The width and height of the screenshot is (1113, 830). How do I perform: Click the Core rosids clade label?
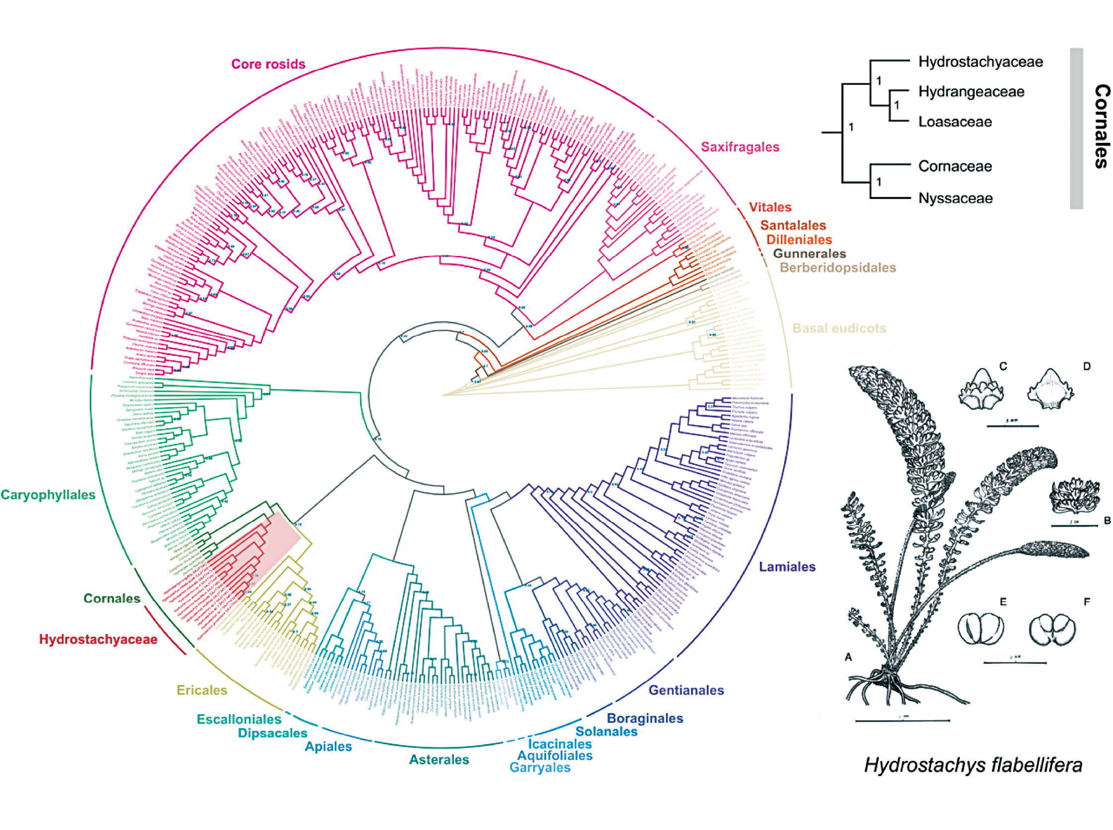coord(268,64)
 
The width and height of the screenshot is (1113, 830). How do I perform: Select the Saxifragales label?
coord(740,147)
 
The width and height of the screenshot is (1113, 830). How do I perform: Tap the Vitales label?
coord(770,207)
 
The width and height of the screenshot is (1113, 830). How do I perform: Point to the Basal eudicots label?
coord(839,328)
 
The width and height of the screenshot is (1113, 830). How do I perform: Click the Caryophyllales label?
coord(48,495)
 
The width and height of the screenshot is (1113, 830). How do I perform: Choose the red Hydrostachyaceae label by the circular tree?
coord(98,639)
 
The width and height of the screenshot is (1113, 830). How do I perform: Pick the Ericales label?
coord(202,690)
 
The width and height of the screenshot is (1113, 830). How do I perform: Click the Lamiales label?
coord(787,567)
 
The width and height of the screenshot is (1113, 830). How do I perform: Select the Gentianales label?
coord(686,690)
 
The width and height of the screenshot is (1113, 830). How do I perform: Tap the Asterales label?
coord(439,759)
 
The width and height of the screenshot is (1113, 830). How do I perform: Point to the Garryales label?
coord(540,767)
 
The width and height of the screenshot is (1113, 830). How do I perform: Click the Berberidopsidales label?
coord(838,268)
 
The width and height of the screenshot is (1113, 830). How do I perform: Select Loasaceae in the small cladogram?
coord(955,122)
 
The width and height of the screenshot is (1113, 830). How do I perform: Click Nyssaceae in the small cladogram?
coord(955,198)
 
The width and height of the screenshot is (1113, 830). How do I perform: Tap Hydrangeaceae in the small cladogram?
coord(971,92)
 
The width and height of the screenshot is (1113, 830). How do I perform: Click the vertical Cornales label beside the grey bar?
coord(1102,126)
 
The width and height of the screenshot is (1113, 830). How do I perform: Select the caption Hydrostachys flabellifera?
coord(973,765)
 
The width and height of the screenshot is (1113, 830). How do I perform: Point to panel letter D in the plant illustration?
coord(1086,367)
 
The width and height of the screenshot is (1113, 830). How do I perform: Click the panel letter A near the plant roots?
coord(848,657)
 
